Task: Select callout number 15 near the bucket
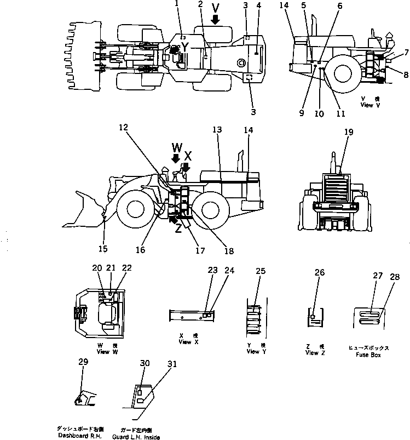[x=103, y=249]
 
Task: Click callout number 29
[x=83, y=362]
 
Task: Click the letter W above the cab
[x=176, y=147]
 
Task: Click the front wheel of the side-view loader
[x=135, y=208]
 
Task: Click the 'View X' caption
[x=185, y=342]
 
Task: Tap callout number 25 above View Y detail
[x=261, y=271]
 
